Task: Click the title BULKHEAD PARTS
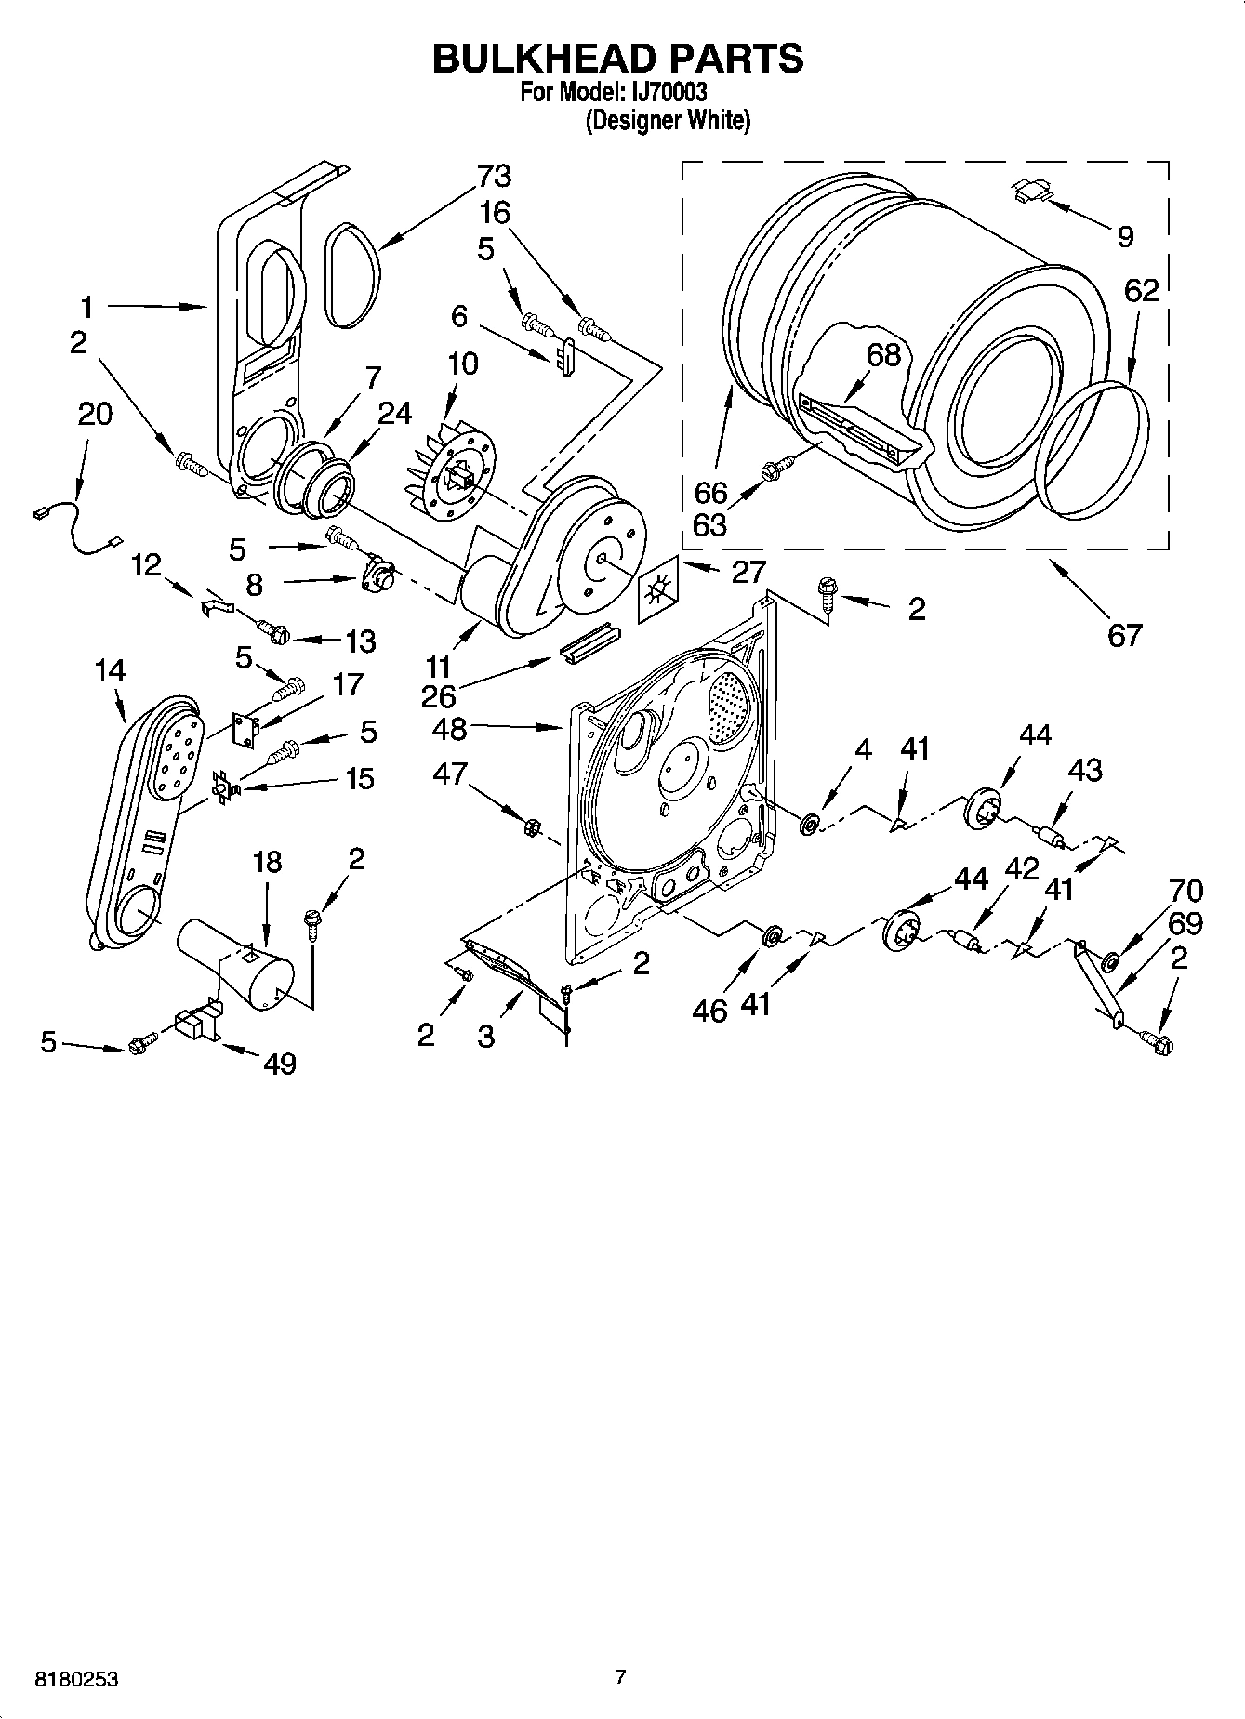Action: tap(617, 58)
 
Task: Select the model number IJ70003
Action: tap(666, 92)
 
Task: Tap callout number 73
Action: tap(494, 176)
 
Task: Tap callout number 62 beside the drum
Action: tap(1141, 290)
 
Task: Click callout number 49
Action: tap(279, 1063)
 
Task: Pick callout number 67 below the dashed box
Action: tap(1123, 635)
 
